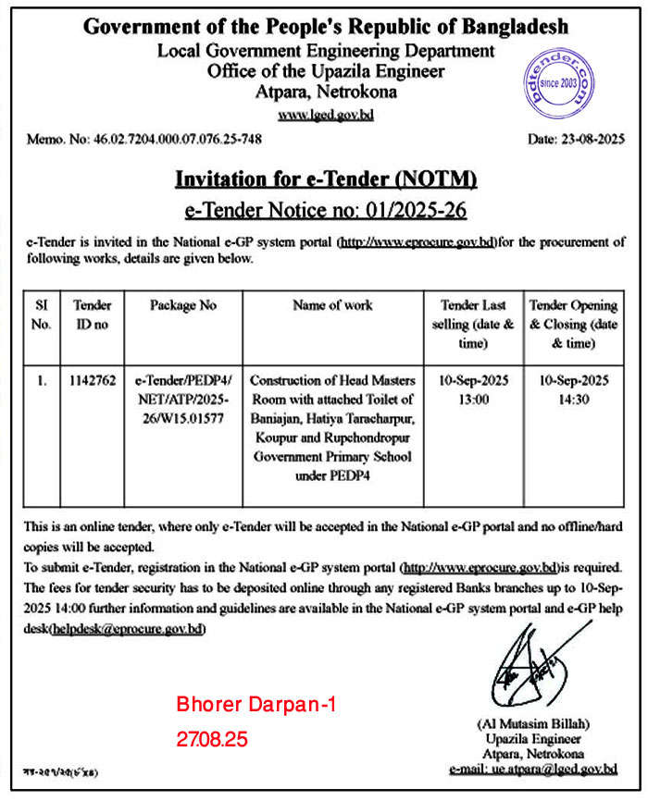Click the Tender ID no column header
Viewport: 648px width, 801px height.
point(93,314)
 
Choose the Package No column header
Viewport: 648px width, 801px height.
point(183,305)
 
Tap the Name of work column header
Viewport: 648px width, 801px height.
point(332,305)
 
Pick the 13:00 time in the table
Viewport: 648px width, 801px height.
point(472,399)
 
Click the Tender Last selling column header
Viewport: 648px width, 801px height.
point(472,324)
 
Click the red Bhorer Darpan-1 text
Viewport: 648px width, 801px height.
point(255,705)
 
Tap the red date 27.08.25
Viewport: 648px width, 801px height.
point(212,740)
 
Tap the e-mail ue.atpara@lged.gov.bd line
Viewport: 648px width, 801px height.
point(532,769)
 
